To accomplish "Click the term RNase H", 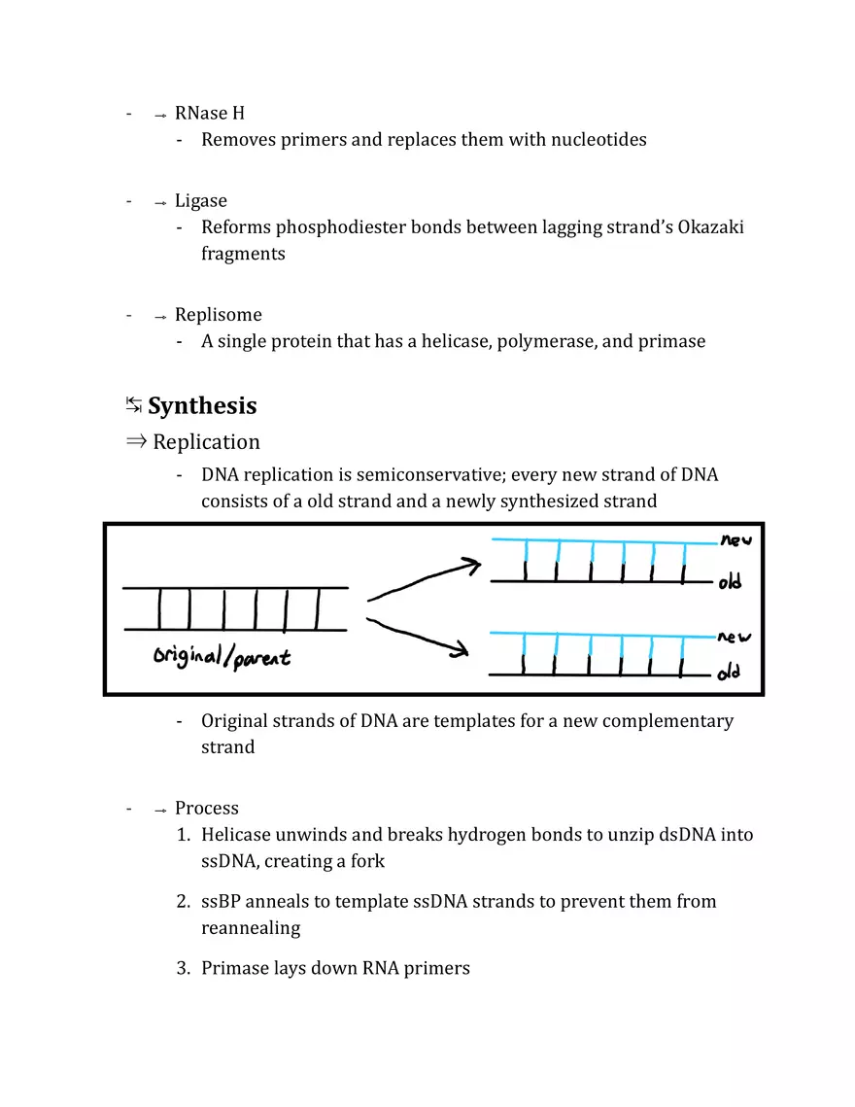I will (x=209, y=114).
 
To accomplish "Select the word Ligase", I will (x=200, y=201).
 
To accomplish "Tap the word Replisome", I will (x=218, y=315).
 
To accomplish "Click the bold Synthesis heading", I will (x=202, y=405).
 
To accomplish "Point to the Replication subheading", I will (x=206, y=442).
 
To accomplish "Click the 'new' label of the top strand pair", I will (x=735, y=540).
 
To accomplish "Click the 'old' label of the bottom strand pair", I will (x=730, y=673).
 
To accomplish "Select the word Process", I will (x=206, y=809).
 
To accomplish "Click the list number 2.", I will (x=182, y=901).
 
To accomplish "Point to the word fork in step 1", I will (x=367, y=861).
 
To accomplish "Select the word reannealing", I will (x=251, y=927).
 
